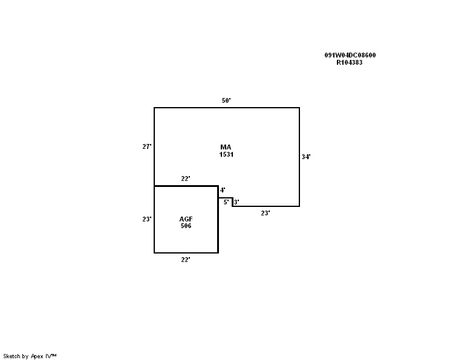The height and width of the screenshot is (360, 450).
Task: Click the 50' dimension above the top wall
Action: pyautogui.click(x=226, y=100)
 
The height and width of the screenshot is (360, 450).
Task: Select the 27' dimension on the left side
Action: pyautogui.click(x=146, y=146)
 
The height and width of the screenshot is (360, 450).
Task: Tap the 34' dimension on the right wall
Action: pyautogui.click(x=306, y=157)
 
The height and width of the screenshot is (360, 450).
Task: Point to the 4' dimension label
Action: pyautogui.click(x=223, y=190)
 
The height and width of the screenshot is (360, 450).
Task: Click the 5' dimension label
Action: pyautogui.click(x=226, y=202)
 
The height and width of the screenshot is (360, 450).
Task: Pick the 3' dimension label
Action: pyautogui.click(x=236, y=202)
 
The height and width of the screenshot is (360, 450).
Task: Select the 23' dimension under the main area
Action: pyautogui.click(x=266, y=213)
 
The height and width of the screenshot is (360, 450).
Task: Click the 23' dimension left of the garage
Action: pyautogui.click(x=146, y=219)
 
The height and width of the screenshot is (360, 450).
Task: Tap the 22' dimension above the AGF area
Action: pyautogui.click(x=186, y=178)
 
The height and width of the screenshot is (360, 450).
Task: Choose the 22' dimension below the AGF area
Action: pyautogui.click(x=186, y=260)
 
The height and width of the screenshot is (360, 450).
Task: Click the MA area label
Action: pyautogui.click(x=226, y=147)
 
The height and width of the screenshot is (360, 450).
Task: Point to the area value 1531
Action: pyautogui.click(x=226, y=154)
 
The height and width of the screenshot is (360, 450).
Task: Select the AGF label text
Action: pyautogui.click(x=186, y=219)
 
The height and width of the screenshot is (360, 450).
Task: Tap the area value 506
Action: pyautogui.click(x=186, y=226)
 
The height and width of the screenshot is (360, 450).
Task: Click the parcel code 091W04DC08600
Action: pyautogui.click(x=350, y=55)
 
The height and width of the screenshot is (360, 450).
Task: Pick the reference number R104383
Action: pyautogui.click(x=350, y=62)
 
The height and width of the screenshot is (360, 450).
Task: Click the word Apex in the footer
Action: pyautogui.click(x=37, y=356)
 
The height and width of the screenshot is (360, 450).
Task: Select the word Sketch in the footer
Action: pyautogui.click(x=11, y=356)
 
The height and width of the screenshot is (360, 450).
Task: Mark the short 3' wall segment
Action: pyautogui.click(x=232, y=202)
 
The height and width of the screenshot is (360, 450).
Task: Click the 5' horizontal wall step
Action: pyautogui.click(x=225, y=198)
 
